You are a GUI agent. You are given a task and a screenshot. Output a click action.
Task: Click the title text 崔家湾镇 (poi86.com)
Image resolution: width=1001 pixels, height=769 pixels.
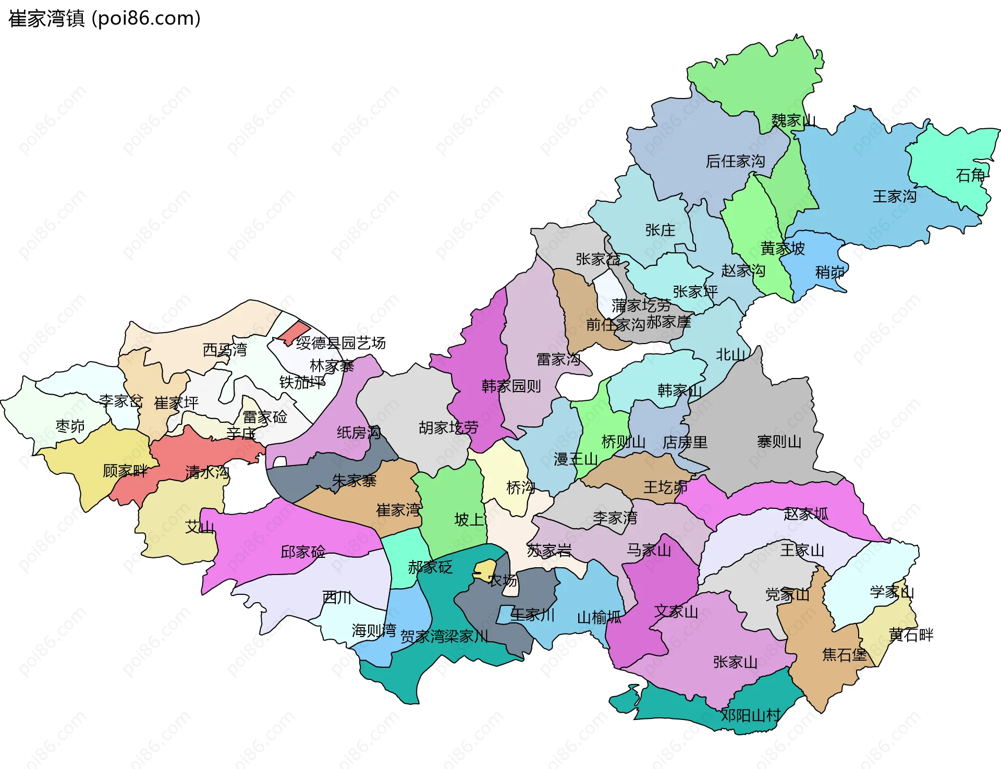click(104, 19)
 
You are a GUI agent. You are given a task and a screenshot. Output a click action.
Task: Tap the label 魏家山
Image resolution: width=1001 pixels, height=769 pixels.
click(793, 120)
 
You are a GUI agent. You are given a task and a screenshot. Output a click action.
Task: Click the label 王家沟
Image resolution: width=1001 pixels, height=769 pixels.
click(895, 197)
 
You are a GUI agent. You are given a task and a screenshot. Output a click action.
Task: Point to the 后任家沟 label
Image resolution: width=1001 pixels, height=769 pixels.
click(735, 161)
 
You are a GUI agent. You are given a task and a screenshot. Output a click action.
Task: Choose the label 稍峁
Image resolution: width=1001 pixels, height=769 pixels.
click(829, 272)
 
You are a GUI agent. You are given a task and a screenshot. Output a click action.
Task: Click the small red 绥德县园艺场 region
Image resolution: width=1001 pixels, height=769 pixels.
click(294, 332)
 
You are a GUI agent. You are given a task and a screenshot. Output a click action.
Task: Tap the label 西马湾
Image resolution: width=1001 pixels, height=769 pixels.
click(225, 349)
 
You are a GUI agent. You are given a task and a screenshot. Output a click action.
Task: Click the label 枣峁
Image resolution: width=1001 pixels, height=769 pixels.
click(70, 426)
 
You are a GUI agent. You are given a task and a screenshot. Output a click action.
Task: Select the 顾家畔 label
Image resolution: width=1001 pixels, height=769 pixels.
click(125, 471)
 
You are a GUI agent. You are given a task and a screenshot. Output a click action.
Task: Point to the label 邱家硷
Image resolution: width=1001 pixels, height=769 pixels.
click(303, 552)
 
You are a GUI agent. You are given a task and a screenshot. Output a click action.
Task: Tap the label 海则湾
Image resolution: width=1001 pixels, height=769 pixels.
click(374, 630)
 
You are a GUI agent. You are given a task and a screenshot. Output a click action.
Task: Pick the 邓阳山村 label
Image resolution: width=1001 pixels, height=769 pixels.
click(751, 715)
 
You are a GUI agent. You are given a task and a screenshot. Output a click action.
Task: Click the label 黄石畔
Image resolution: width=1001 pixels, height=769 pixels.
click(911, 634)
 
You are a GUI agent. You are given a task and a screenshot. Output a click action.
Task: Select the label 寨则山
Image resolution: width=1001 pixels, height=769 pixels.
click(779, 442)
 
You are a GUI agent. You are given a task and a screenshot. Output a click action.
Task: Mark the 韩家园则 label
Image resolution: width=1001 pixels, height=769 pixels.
click(511, 386)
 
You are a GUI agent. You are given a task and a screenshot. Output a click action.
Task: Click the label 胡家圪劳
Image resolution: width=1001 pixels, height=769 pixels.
click(448, 428)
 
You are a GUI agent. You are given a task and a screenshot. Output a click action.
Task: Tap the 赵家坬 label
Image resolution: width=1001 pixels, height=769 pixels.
click(805, 514)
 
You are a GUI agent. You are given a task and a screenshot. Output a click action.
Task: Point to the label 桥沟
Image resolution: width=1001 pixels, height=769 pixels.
click(520, 487)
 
